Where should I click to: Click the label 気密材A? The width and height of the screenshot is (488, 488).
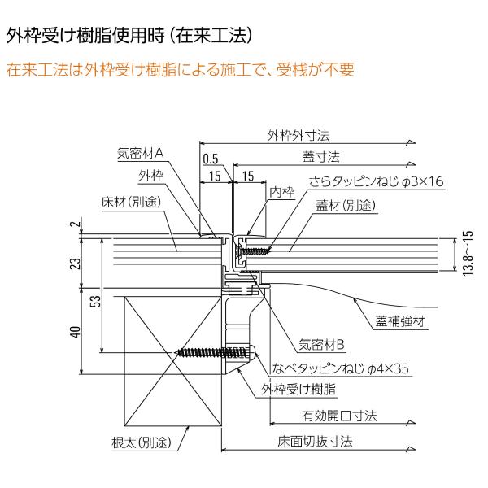(140, 153)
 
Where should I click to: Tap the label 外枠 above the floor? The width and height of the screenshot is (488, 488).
(150, 176)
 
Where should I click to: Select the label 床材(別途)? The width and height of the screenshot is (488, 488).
(131, 202)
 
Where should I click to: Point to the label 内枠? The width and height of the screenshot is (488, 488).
(281, 192)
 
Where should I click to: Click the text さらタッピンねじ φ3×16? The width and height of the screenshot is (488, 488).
(377, 181)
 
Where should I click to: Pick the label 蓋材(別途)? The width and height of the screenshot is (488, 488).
(346, 206)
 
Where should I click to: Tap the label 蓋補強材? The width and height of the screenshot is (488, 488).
(400, 321)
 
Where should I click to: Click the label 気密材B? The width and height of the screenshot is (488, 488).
(321, 345)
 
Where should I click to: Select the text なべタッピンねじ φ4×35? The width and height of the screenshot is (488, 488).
(340, 368)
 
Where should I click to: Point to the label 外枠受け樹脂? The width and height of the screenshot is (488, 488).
(298, 389)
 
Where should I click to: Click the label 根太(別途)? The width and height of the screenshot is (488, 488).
(142, 442)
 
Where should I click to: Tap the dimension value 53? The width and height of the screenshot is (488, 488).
(97, 301)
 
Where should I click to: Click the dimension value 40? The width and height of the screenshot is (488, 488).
(76, 332)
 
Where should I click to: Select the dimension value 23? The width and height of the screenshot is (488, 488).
(76, 264)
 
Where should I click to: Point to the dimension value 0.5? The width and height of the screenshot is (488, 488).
(211, 159)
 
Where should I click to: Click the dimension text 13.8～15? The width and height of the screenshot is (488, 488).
(468, 253)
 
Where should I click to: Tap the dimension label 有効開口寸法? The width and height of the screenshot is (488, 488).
(339, 416)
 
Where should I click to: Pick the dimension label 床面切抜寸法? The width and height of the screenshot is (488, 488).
(315, 442)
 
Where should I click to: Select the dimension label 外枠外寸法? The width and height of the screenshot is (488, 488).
(298, 136)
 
